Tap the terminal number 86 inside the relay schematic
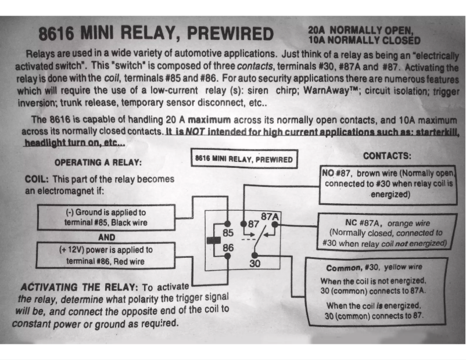(x=228, y=248)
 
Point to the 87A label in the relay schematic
(x=270, y=217)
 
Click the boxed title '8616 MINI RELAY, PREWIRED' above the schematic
(x=243, y=159)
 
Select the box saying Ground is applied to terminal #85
(x=106, y=217)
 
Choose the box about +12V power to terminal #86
(x=106, y=255)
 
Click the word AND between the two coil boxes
(x=106, y=237)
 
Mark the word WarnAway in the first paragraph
(x=328, y=91)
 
